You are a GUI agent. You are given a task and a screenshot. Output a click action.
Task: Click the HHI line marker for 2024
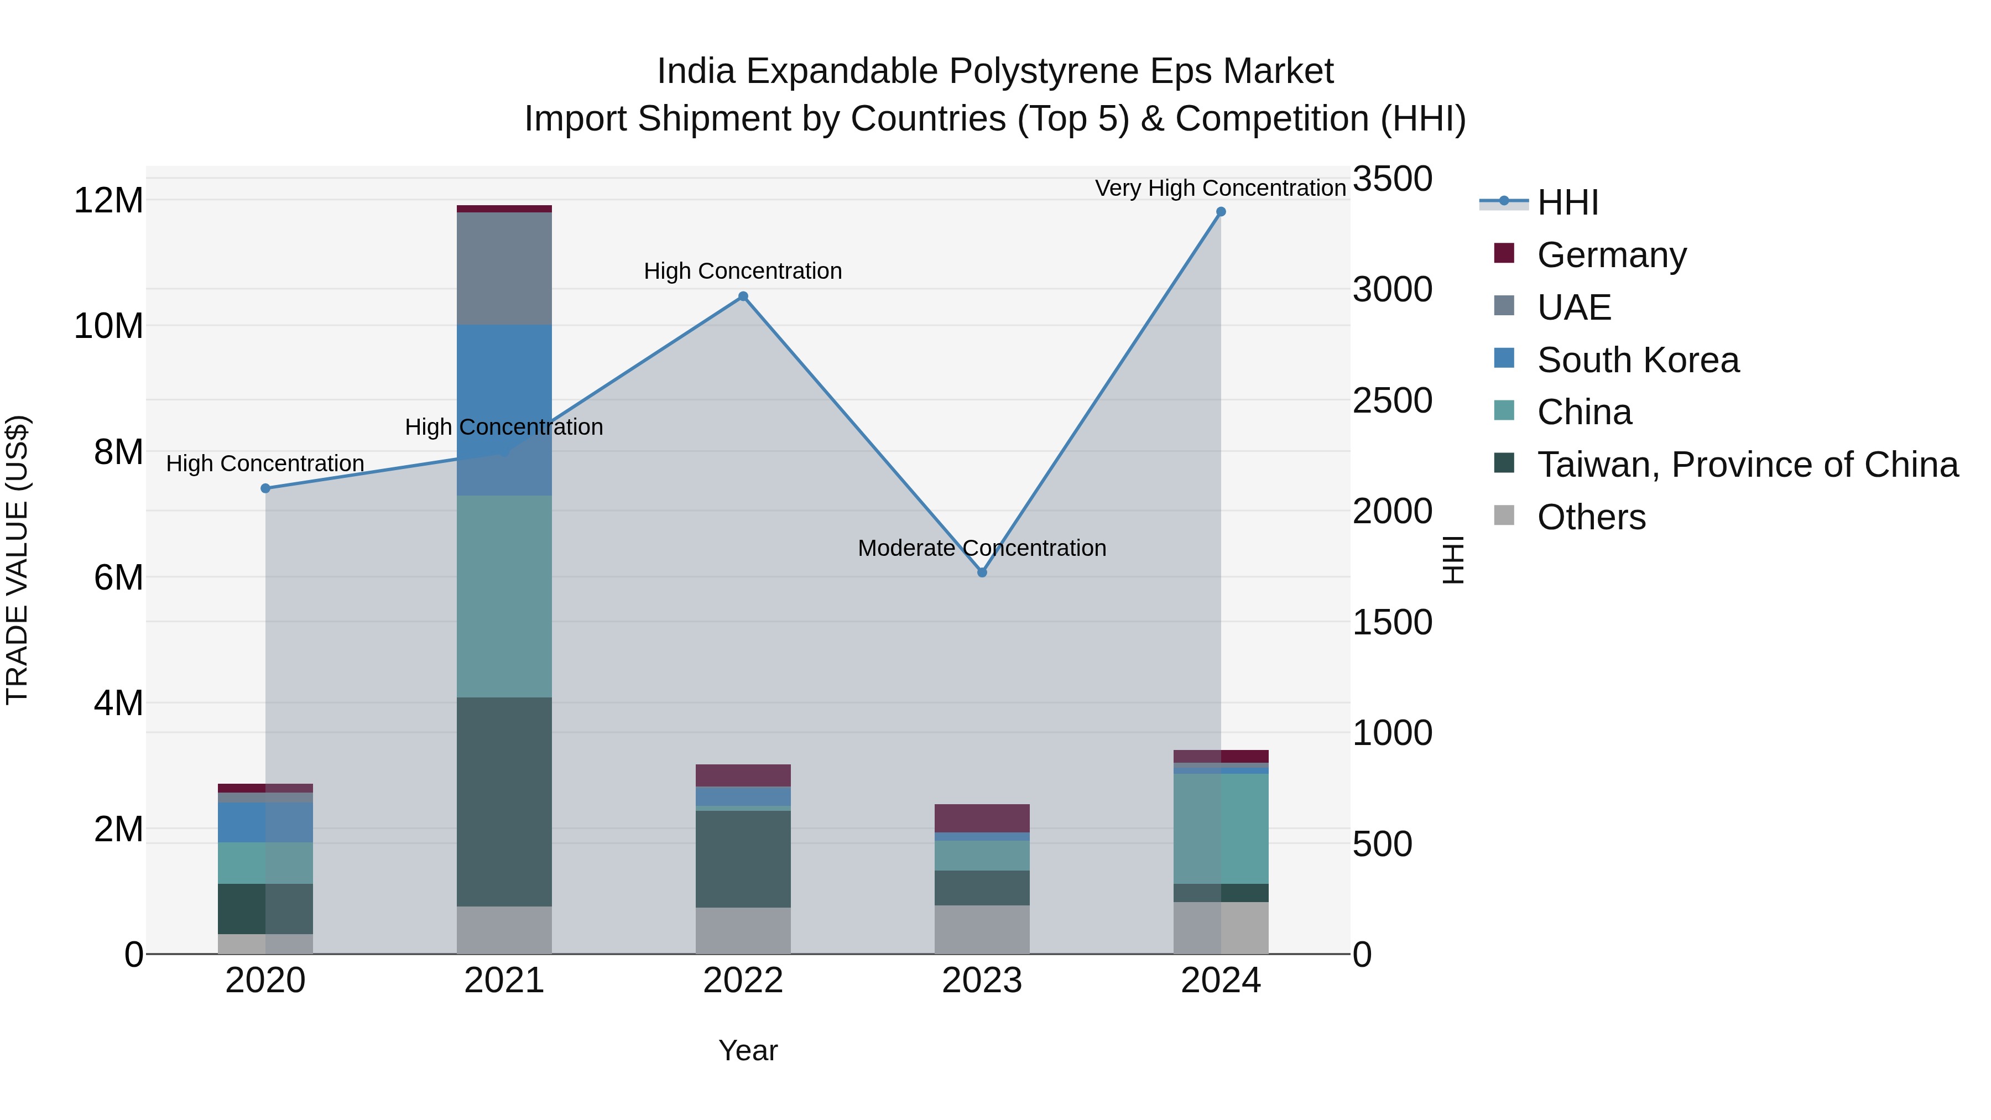click(x=1221, y=212)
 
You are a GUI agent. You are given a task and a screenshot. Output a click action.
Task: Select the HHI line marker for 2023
click(x=982, y=573)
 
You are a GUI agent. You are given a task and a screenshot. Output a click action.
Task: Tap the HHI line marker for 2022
click(x=743, y=296)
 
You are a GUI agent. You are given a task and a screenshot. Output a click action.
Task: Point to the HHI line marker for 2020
click(x=265, y=488)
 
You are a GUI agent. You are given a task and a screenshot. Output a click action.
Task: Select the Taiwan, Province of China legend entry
click(x=1747, y=465)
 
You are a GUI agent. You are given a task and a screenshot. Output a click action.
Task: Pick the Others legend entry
click(x=1591, y=517)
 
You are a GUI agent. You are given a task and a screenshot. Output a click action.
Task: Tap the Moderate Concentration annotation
click(x=982, y=548)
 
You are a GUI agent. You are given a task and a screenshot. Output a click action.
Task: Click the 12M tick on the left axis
click(x=108, y=201)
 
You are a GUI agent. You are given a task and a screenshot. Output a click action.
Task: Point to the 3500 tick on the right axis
click(x=1392, y=179)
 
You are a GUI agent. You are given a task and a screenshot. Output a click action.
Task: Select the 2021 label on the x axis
click(x=504, y=981)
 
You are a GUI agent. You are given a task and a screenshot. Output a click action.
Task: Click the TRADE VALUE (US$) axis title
click(x=18, y=560)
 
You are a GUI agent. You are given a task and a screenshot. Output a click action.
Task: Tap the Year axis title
click(x=747, y=1050)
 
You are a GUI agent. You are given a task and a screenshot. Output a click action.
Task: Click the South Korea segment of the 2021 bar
click(x=504, y=410)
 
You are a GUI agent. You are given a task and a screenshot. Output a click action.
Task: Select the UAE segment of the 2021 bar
click(x=504, y=268)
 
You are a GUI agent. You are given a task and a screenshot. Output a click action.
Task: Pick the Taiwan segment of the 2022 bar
click(x=743, y=859)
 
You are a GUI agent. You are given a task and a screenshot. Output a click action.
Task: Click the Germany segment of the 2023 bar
click(x=982, y=818)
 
